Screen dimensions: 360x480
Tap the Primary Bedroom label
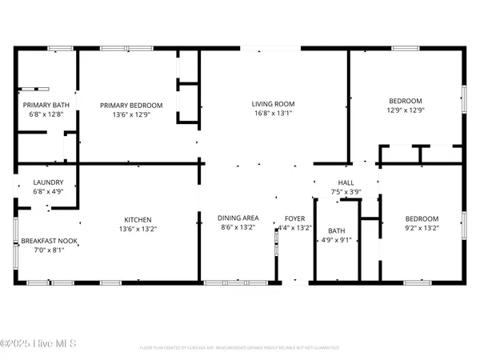click(x=131, y=105)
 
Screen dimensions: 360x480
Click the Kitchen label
click(x=138, y=219)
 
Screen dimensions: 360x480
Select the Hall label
click(x=346, y=182)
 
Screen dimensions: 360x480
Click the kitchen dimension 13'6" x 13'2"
click(x=138, y=229)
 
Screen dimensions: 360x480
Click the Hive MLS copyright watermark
click(x=38, y=344)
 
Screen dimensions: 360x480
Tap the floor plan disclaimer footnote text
click(x=239, y=348)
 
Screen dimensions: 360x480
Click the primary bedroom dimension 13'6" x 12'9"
click(x=131, y=114)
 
